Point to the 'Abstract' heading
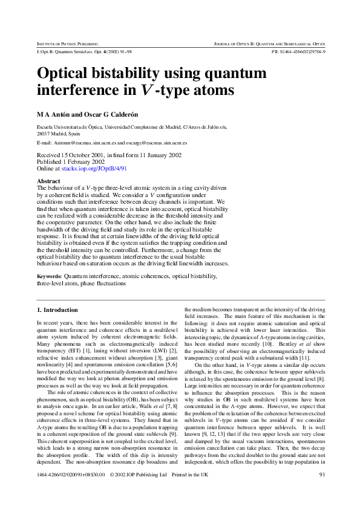[x=49, y=181]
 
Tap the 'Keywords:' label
[x=50, y=276]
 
